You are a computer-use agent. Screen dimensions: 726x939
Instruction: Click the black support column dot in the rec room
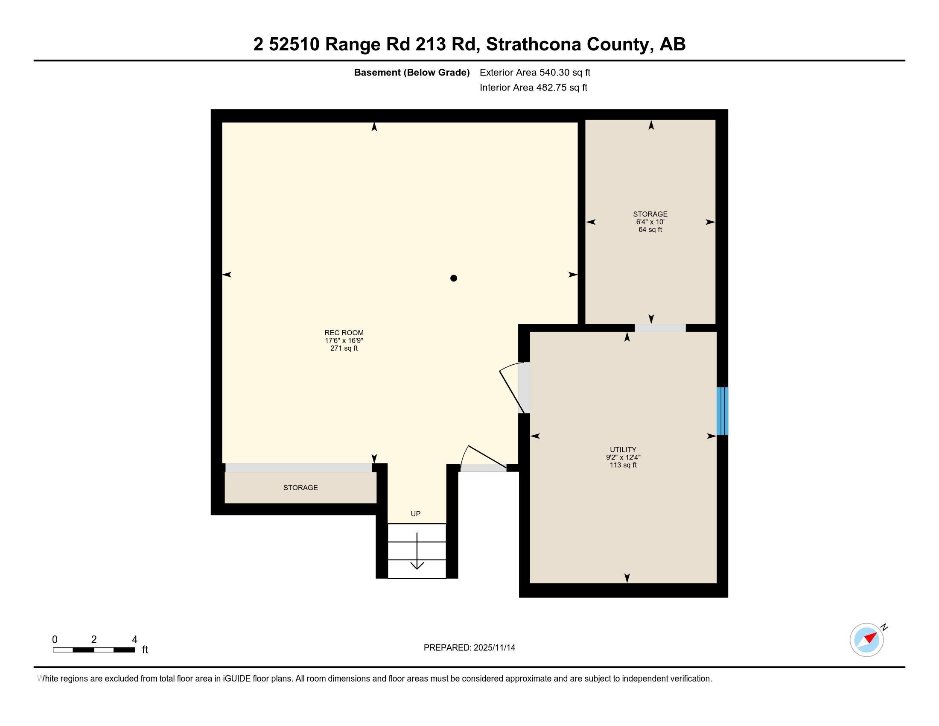coord(453,278)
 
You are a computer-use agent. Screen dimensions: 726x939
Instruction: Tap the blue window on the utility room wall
coord(722,411)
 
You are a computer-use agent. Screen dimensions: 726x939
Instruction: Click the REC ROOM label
coord(344,332)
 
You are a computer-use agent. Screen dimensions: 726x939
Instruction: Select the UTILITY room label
coord(623,449)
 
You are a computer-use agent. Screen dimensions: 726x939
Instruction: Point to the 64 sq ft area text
coord(650,230)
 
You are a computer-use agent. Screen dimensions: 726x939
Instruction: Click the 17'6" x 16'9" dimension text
coord(344,340)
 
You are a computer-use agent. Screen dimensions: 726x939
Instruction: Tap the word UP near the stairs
coord(415,513)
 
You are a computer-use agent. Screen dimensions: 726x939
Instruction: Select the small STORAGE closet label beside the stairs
coord(300,487)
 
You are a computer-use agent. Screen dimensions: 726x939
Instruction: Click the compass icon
coord(867,640)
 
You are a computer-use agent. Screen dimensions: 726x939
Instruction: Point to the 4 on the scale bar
coord(134,640)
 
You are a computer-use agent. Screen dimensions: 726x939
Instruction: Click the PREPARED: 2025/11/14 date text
coord(469,647)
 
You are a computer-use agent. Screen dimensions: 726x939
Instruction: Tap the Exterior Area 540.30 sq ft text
coord(535,72)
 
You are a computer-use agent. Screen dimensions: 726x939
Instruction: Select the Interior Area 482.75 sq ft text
coord(533,87)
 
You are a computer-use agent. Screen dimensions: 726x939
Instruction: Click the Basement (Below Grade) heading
coord(411,72)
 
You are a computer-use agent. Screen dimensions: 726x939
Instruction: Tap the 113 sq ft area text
coord(623,465)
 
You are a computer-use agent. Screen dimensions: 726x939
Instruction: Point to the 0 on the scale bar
coord(55,640)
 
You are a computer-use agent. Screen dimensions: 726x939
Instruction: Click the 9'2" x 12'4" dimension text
coord(623,457)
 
